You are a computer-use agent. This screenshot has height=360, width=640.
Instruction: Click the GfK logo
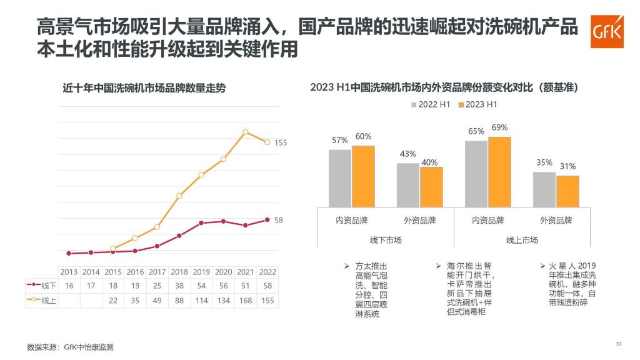(606, 32)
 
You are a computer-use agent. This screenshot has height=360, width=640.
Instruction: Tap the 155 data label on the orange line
(281, 142)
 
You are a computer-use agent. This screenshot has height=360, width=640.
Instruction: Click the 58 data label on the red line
(279, 220)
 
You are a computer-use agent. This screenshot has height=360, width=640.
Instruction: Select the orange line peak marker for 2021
(246, 132)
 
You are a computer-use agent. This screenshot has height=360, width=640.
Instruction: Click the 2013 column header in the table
(69, 272)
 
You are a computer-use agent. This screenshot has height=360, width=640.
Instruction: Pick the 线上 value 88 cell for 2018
(179, 300)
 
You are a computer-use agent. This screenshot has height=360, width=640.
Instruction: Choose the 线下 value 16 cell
(69, 286)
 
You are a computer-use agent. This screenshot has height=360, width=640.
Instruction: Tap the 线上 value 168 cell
(246, 300)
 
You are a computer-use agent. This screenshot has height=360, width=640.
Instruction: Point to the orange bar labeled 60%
(363, 176)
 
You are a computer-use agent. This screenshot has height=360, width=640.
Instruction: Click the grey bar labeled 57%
(340, 177)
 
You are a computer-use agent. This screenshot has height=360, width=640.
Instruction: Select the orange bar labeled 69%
(499, 171)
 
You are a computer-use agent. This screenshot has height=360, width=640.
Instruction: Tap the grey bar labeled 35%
(544, 189)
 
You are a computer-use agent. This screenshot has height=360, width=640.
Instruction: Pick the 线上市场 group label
(522, 240)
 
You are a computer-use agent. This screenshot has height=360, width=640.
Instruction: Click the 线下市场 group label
(386, 240)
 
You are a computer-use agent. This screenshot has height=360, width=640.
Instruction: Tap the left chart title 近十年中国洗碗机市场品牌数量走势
(144, 89)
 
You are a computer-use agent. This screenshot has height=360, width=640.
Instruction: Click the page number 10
(619, 343)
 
